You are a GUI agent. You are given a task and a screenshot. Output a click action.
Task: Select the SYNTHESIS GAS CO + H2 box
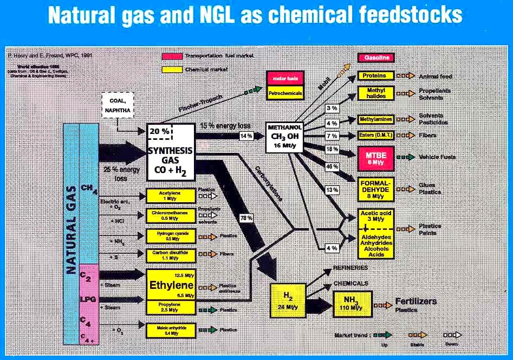(170, 147)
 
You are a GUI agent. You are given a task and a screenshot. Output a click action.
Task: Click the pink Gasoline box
(375, 57)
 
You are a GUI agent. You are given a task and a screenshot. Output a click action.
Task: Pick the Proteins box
(375, 76)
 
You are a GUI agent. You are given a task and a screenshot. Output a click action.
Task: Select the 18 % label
(332, 149)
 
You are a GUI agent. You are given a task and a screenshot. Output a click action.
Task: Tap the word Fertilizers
(415, 301)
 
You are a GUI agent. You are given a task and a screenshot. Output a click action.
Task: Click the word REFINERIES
(350, 268)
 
